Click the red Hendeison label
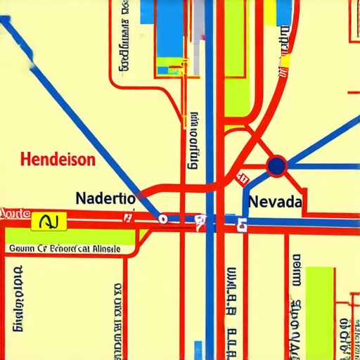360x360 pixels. click(58, 160)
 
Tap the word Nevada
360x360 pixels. click(276, 202)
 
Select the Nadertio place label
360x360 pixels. click(105, 198)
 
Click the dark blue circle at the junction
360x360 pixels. click(277, 166)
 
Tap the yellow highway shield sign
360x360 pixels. click(49, 222)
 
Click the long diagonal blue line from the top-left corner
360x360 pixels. click(77, 112)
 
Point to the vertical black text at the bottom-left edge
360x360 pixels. click(18, 299)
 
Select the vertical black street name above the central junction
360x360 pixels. click(193, 141)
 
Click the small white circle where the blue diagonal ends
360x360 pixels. click(162, 219)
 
